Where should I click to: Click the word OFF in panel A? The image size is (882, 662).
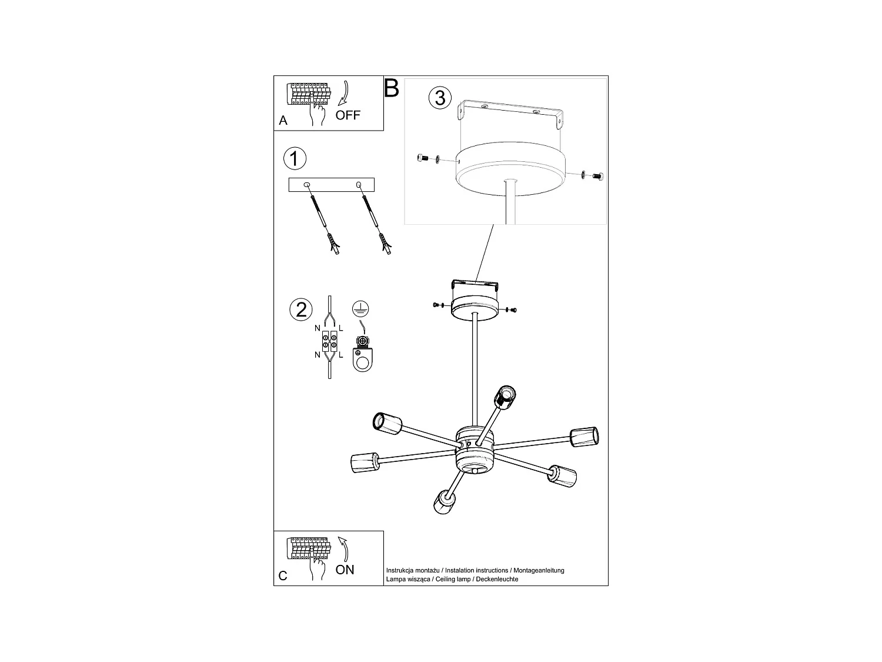(348, 115)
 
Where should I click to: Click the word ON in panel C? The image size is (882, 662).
(345, 570)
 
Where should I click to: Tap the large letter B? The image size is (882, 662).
(392, 88)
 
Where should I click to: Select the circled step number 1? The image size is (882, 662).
(295, 158)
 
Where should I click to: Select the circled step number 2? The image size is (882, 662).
(301, 310)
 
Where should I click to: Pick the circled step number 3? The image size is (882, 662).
(440, 97)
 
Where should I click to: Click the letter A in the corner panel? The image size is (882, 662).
(283, 121)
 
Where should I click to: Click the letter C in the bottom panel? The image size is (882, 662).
(283, 575)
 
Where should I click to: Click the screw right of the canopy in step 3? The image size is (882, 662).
(598, 175)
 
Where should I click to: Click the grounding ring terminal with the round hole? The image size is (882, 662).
(362, 360)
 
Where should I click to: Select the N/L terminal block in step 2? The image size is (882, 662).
(329, 341)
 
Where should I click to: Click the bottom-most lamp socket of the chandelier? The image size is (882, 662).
(443, 502)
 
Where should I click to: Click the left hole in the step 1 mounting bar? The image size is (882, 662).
(306, 185)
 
